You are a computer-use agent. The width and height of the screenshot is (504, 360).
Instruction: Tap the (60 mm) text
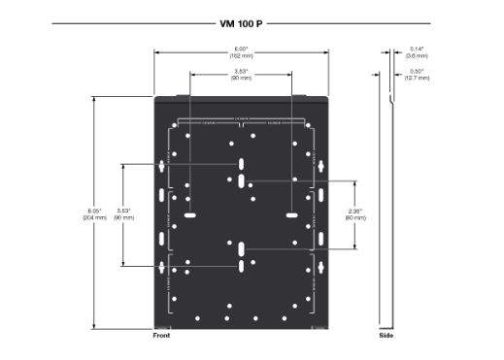tap(355, 217)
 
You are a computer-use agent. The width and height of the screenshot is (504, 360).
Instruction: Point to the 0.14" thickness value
tap(418, 48)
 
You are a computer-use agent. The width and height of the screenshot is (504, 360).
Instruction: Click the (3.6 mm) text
tap(418, 54)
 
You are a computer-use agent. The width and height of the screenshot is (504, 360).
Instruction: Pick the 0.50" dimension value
tap(418, 70)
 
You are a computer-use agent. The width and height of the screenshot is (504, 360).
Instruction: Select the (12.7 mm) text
tap(418, 77)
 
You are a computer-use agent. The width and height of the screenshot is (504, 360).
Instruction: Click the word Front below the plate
tap(162, 336)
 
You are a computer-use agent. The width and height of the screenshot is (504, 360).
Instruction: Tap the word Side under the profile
tap(386, 336)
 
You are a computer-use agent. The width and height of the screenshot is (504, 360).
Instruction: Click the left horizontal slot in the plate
tap(190, 213)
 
